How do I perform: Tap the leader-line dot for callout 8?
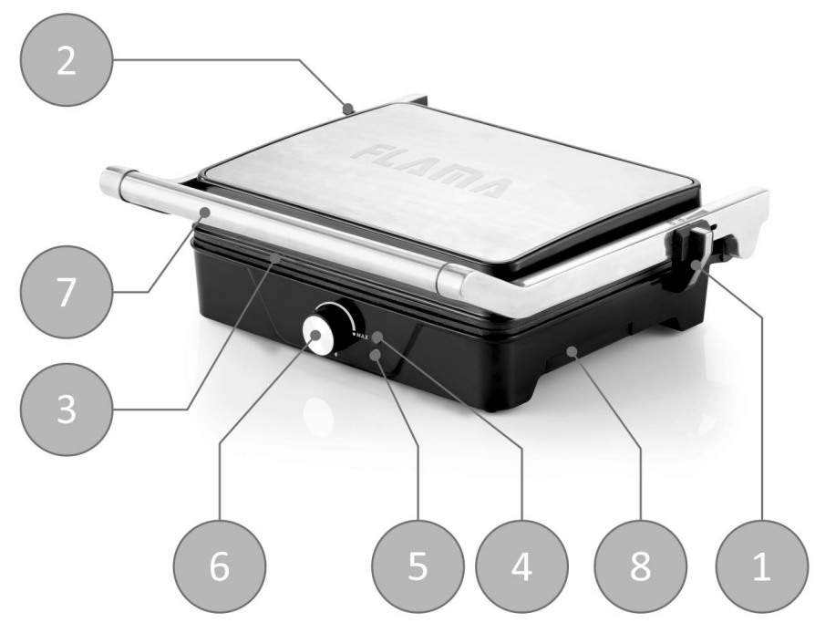pyautogui.click(x=573, y=349)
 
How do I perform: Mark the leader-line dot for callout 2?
pyautogui.click(x=347, y=108)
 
